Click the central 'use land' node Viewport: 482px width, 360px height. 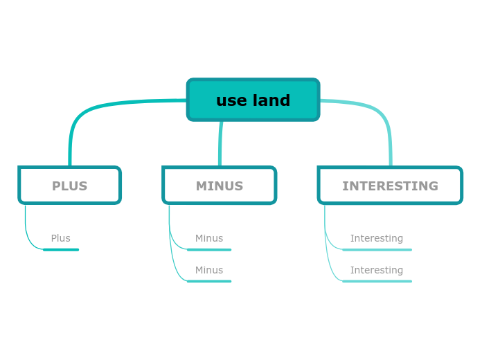click(x=253, y=100)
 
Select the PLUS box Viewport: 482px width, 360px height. click(x=69, y=186)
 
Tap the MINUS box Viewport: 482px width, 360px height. click(x=219, y=186)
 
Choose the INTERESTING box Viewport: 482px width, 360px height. click(x=390, y=186)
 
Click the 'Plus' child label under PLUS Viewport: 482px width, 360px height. click(x=60, y=238)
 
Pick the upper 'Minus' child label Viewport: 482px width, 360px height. click(x=208, y=238)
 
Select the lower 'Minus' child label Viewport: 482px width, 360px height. click(x=208, y=270)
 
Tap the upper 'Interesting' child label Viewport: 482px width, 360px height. click(x=376, y=238)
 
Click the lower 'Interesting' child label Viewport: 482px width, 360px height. click(x=376, y=270)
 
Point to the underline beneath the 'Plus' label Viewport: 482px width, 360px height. click(x=61, y=249)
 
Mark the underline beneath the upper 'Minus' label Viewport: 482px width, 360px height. click(x=209, y=249)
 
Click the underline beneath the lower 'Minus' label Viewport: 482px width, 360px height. click(x=209, y=281)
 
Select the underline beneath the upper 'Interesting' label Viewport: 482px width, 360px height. click(x=377, y=249)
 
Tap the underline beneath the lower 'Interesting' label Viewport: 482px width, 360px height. click(x=377, y=281)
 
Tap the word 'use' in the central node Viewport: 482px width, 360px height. click(x=231, y=100)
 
